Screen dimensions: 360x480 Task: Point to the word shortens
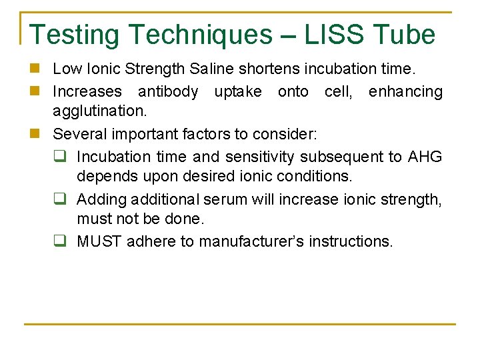[267, 68]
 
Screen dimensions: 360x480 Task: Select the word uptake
[239, 91]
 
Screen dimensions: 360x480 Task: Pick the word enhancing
[405, 91]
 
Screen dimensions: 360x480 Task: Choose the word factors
[206, 134]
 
